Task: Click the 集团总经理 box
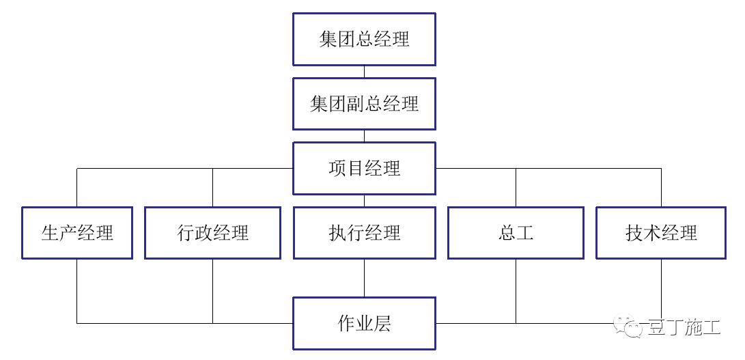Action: [x=364, y=39]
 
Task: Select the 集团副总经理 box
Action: [x=364, y=104]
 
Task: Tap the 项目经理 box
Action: [x=364, y=168]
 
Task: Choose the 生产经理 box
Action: [x=77, y=233]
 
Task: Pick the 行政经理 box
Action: [x=212, y=233]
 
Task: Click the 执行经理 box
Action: [x=364, y=233]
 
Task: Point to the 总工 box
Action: [x=516, y=233]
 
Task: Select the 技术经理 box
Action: [x=661, y=233]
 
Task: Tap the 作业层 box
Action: [x=364, y=323]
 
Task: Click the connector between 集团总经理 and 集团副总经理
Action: [x=364, y=72]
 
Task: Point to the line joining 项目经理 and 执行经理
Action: [x=364, y=201]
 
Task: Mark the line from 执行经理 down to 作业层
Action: [x=364, y=278]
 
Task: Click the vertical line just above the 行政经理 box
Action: [x=212, y=188]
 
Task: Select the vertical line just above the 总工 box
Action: [x=516, y=188]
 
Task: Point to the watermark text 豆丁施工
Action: [x=683, y=327]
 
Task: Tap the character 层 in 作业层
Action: [x=382, y=323]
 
